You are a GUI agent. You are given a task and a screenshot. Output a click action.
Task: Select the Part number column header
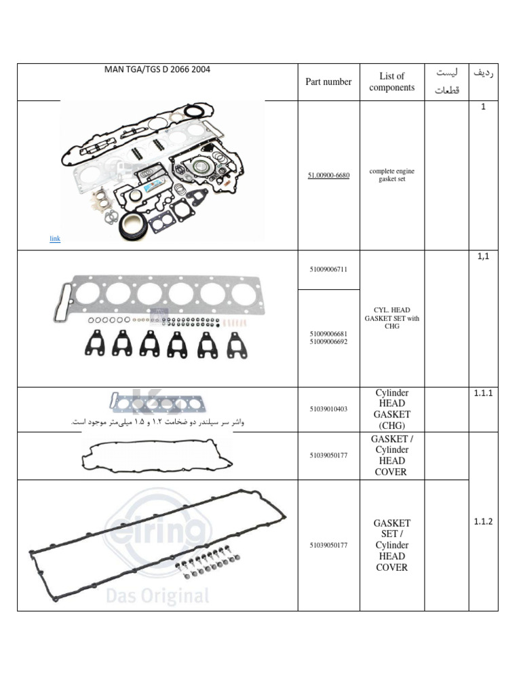click(328, 82)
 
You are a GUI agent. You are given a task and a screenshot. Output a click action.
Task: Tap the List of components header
click(391, 82)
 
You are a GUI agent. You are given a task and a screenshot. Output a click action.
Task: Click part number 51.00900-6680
click(328, 175)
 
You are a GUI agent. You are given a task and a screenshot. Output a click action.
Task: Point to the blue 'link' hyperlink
click(55, 239)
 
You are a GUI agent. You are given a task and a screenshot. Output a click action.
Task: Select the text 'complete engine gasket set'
click(391, 175)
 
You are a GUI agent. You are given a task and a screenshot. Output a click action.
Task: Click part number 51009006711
click(328, 269)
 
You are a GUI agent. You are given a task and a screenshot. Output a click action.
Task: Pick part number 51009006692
click(328, 343)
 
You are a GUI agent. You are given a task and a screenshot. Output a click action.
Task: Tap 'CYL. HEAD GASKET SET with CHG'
click(391, 318)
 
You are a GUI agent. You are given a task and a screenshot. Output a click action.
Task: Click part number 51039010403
click(328, 409)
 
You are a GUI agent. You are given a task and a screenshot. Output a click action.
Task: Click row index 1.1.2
click(483, 521)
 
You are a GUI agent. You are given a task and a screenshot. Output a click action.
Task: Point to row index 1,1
click(483, 257)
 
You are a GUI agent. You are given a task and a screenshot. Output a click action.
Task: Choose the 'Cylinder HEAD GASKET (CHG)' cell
click(391, 409)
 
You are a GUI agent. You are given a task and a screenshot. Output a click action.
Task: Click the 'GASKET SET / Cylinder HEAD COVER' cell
click(391, 545)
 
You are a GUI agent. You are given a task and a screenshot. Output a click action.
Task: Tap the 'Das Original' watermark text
click(157, 596)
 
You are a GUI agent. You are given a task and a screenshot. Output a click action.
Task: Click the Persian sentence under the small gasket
click(157, 422)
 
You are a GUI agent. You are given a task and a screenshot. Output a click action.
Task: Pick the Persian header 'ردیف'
click(483, 73)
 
